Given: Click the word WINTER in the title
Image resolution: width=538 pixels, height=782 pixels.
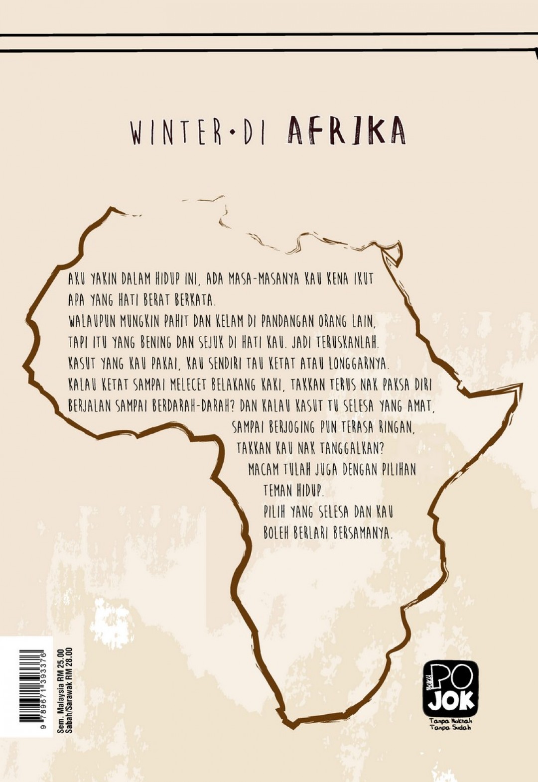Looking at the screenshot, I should click(x=176, y=132).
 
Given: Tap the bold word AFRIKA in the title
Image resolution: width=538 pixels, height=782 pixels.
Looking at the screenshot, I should click(x=346, y=131).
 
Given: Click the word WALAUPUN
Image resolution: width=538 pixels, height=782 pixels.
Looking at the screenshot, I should click(x=92, y=322).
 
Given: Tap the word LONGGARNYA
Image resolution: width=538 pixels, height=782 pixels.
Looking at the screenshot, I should click(x=359, y=364).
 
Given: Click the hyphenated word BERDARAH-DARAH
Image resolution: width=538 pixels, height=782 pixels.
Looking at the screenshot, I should click(x=196, y=406).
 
